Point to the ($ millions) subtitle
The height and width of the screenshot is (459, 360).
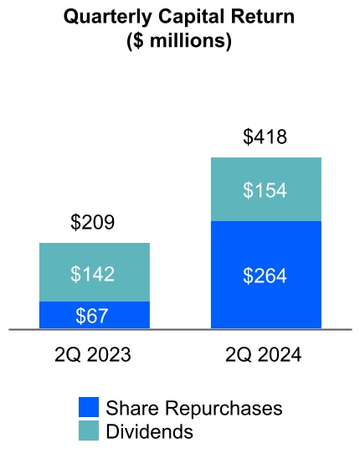click(180, 41)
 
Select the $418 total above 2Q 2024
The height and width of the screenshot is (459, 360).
click(265, 137)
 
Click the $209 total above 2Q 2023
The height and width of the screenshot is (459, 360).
click(93, 223)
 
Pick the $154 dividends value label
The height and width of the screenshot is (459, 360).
click(265, 190)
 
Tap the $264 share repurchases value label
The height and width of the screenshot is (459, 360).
click(265, 275)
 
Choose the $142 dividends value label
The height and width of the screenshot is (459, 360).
click(93, 273)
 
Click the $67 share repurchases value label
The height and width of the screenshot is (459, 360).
click(93, 316)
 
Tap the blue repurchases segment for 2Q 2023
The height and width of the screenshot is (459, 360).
click(54, 316)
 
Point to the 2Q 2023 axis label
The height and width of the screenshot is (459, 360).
click(93, 356)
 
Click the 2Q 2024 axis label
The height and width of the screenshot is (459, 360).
click(265, 356)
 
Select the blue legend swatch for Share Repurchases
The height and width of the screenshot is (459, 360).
click(89, 408)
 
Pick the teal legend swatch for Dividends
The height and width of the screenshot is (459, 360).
click(89, 431)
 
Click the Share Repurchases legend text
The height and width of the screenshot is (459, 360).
click(194, 408)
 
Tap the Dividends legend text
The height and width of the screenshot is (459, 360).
click(150, 431)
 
